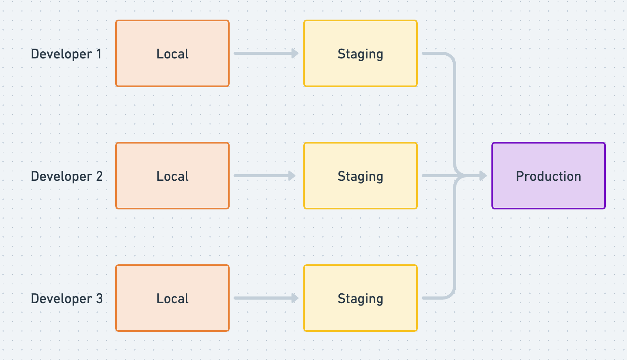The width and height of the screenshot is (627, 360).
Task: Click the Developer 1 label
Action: [x=66, y=54]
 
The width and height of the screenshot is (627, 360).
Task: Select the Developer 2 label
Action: [x=67, y=176]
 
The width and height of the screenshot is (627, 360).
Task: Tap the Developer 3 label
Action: [x=67, y=298]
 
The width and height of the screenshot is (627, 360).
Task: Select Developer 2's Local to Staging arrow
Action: [x=264, y=176]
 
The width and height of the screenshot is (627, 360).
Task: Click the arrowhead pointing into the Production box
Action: [x=483, y=176]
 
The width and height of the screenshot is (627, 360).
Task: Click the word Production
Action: [x=548, y=176]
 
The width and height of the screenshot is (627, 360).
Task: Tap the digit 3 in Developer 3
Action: [x=99, y=298]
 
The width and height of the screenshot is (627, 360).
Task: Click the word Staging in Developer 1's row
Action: [x=360, y=54]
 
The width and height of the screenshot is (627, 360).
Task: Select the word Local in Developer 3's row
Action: [x=172, y=298]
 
